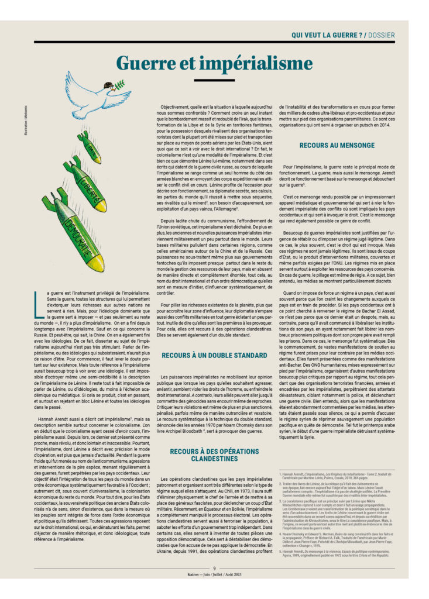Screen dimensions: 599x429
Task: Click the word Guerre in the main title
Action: coord(147,63)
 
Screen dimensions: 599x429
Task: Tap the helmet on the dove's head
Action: coord(109,85)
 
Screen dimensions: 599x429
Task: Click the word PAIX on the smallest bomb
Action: coord(92,151)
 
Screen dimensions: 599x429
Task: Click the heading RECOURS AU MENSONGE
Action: coord(337,144)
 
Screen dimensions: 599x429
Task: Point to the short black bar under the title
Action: coord(214,79)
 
